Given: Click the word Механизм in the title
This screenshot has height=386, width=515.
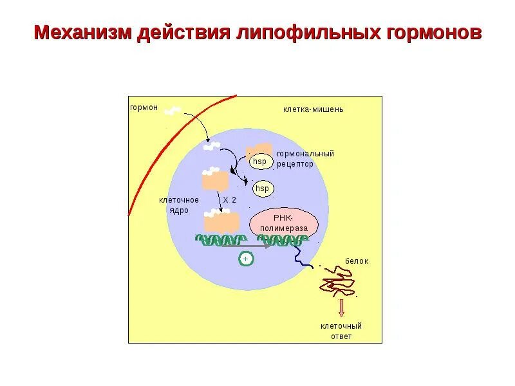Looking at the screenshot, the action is [x=82, y=33].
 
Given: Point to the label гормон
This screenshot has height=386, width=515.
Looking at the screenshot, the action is [x=144, y=107].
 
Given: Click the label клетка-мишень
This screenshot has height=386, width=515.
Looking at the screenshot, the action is [x=313, y=109].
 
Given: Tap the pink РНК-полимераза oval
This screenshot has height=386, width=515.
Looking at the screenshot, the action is [x=284, y=223].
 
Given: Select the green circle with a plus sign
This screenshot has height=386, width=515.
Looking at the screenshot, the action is [x=246, y=259].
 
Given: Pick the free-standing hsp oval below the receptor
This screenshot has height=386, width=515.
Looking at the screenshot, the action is [x=262, y=188].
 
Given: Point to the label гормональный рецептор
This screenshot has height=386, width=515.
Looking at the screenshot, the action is [x=305, y=159].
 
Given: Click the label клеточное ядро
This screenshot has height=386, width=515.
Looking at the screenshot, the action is [x=174, y=205].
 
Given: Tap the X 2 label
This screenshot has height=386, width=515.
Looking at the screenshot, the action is [x=230, y=200].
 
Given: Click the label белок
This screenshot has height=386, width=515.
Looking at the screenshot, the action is [x=357, y=261].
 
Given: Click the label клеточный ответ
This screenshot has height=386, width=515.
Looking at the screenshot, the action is [x=341, y=331].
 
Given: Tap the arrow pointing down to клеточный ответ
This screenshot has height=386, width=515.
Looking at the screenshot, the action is [x=342, y=308].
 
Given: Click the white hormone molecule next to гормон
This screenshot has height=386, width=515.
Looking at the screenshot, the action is [x=172, y=111].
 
